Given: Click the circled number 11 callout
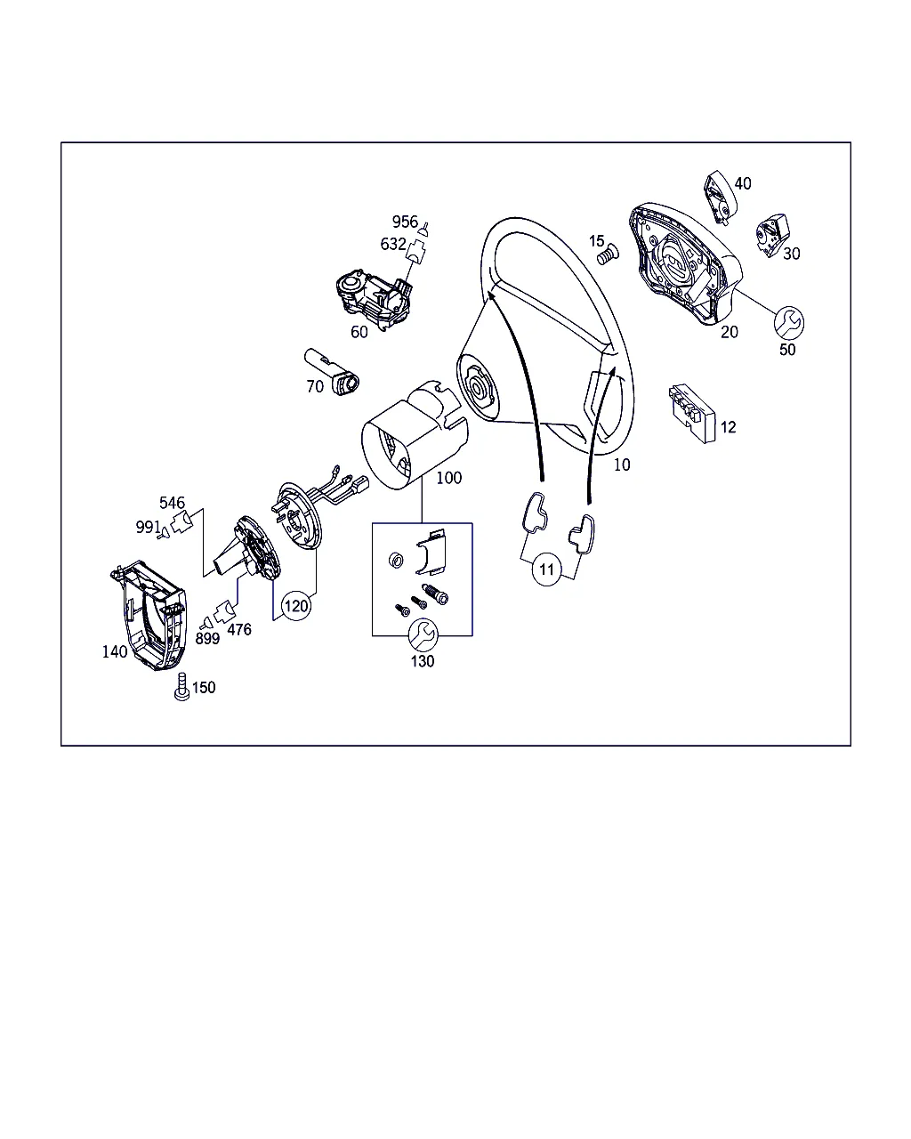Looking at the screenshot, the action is [546, 569].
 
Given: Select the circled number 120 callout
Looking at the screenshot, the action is [296, 605].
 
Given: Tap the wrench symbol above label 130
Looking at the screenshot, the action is [423, 634].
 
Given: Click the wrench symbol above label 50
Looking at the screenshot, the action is [789, 322].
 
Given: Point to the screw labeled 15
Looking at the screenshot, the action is [608, 254].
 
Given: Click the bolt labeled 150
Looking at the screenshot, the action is [181, 686].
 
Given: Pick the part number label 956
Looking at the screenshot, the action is [405, 222].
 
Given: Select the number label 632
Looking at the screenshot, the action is [393, 244].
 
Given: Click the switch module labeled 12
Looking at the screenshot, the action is [692, 413].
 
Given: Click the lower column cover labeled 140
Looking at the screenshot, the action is [149, 616].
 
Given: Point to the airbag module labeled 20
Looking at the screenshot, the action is [686, 263].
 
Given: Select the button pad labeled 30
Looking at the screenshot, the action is [772, 235].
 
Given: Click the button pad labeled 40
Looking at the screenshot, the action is [721, 197].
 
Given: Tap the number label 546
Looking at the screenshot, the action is [172, 502].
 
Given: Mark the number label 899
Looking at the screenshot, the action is [207, 639].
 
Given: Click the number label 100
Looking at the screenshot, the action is [449, 478].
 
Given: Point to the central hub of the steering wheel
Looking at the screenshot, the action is [479, 389].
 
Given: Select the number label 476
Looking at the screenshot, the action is [239, 629].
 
